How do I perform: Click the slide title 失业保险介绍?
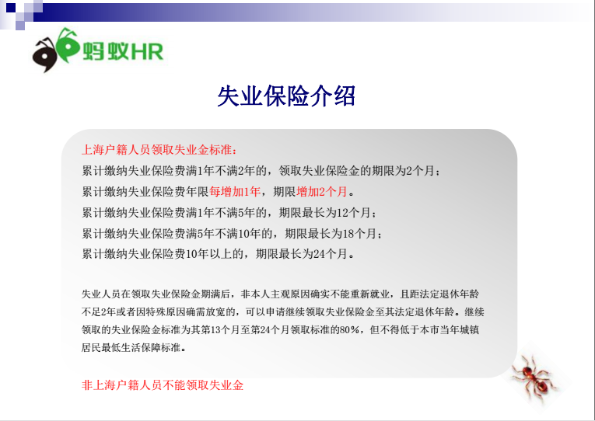tap(286, 96)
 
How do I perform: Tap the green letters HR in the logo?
tap(147, 51)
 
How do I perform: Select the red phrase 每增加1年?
tap(235, 192)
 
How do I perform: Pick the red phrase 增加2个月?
tap(322, 192)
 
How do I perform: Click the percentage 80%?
tap(349, 329)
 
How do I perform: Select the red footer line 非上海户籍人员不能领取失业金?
tap(163, 385)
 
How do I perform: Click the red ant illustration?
tap(534, 379)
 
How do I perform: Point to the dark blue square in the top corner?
tap(11, 7)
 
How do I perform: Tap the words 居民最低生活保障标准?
tap(131, 347)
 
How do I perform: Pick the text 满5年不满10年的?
tap(229, 234)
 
